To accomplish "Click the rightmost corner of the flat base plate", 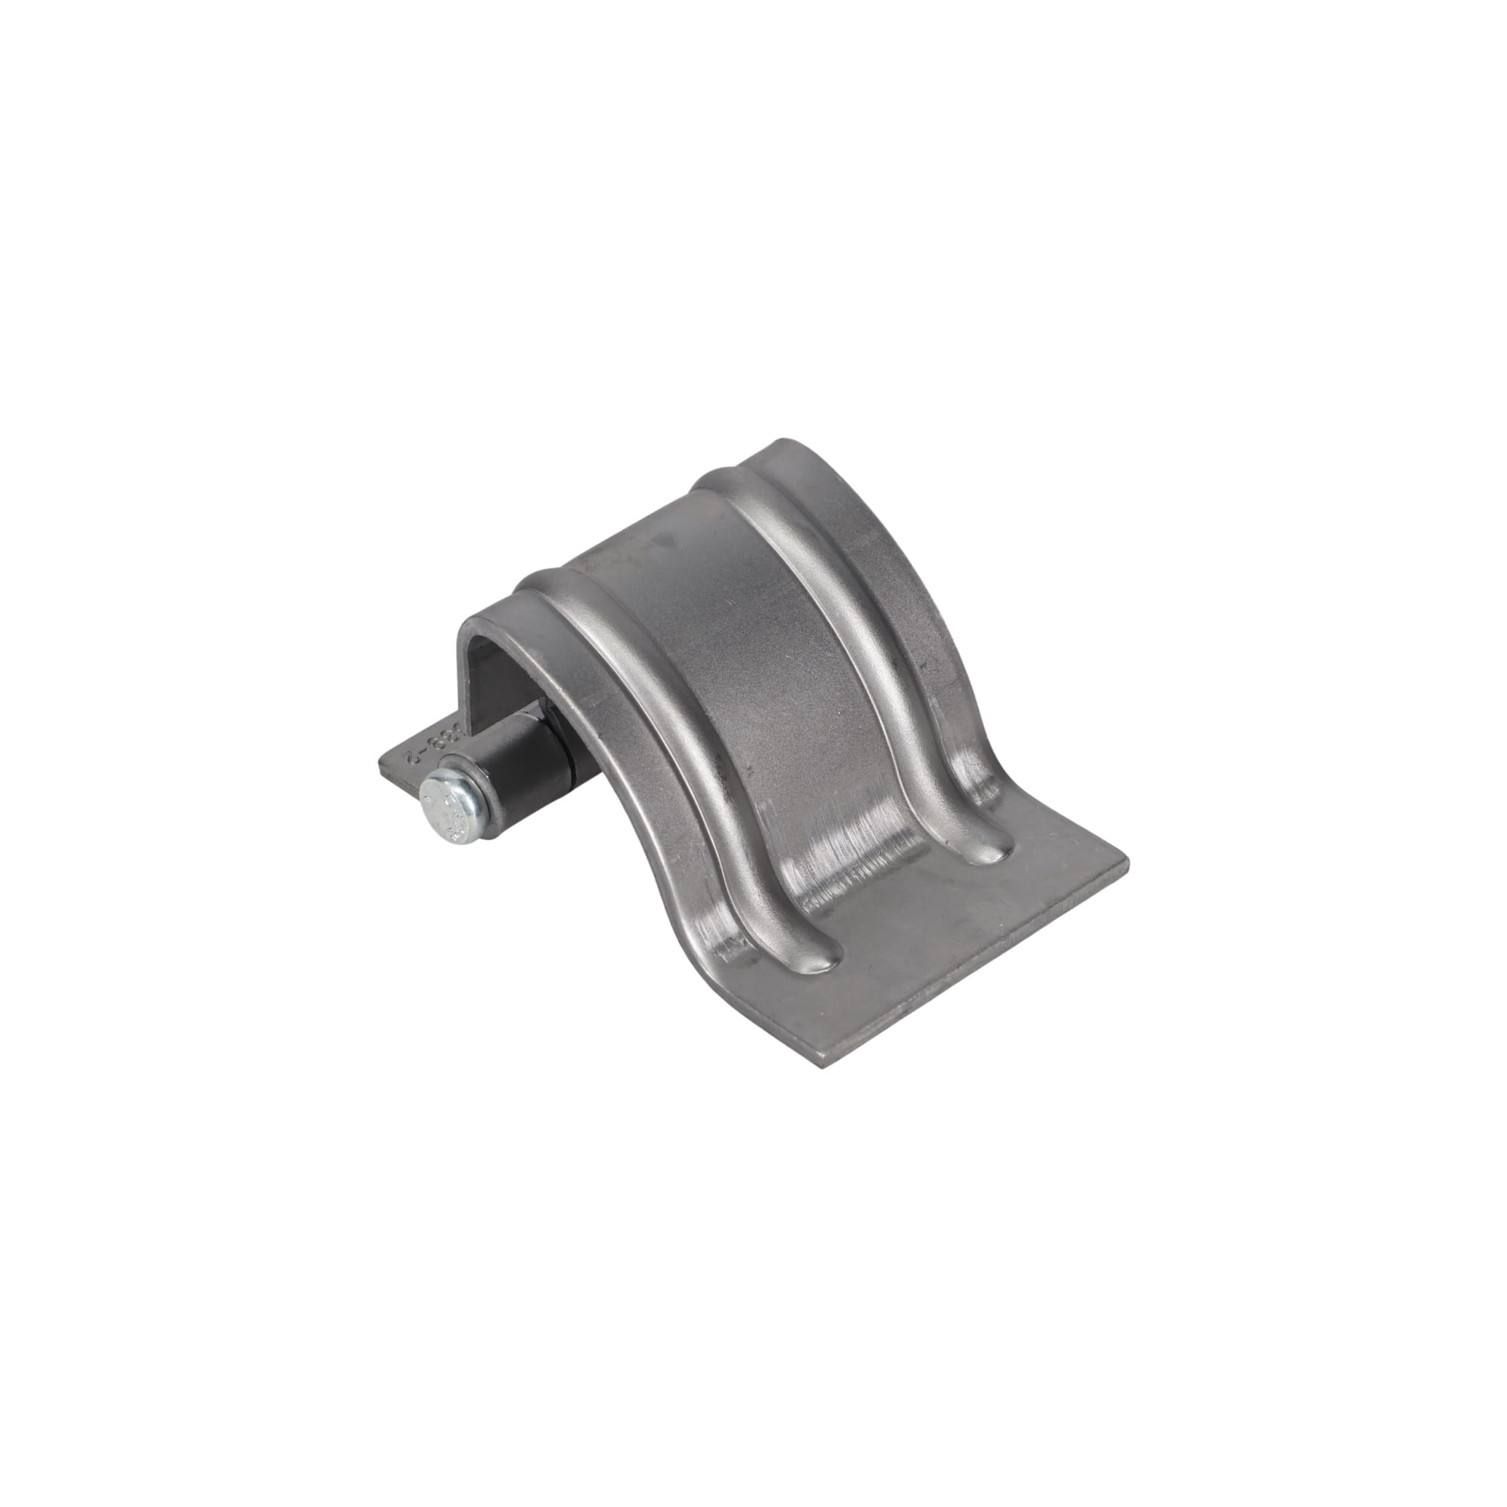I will coord(1128,866).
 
